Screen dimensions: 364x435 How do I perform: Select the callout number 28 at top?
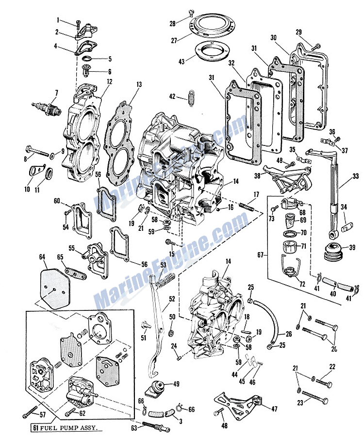[x=173, y=24]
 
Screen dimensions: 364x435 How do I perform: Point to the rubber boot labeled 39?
[x=334, y=252]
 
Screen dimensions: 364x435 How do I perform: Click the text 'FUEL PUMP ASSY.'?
[x=69, y=428]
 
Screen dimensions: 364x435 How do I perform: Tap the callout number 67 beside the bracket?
[x=260, y=255]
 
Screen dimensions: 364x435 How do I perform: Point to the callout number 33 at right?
[x=355, y=176]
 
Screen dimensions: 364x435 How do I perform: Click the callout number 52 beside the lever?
[x=172, y=299]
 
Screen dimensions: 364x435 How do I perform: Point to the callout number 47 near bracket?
[x=274, y=409]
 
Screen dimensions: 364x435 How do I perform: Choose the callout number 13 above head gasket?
[x=139, y=84]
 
